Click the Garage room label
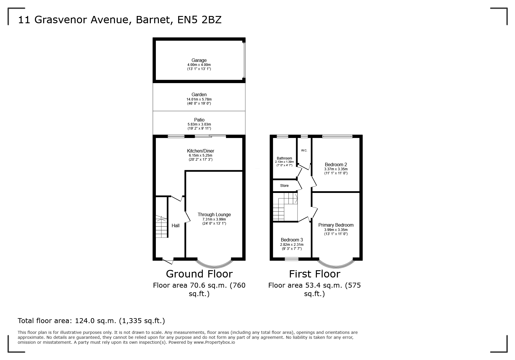[199, 60]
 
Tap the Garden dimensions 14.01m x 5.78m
[199, 99]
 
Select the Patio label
[199, 120]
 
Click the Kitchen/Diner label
[200, 151]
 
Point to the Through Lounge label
[214, 215]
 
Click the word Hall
[175, 225]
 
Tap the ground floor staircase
[162, 227]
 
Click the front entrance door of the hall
[168, 261]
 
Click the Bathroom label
[284, 158]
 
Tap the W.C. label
[304, 151]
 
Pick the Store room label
[284, 186]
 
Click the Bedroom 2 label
[336, 164]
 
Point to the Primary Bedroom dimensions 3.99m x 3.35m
[336, 230]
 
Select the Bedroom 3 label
[292, 240]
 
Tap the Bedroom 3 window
[291, 259]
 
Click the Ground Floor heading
[199, 274]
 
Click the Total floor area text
[91, 321]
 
